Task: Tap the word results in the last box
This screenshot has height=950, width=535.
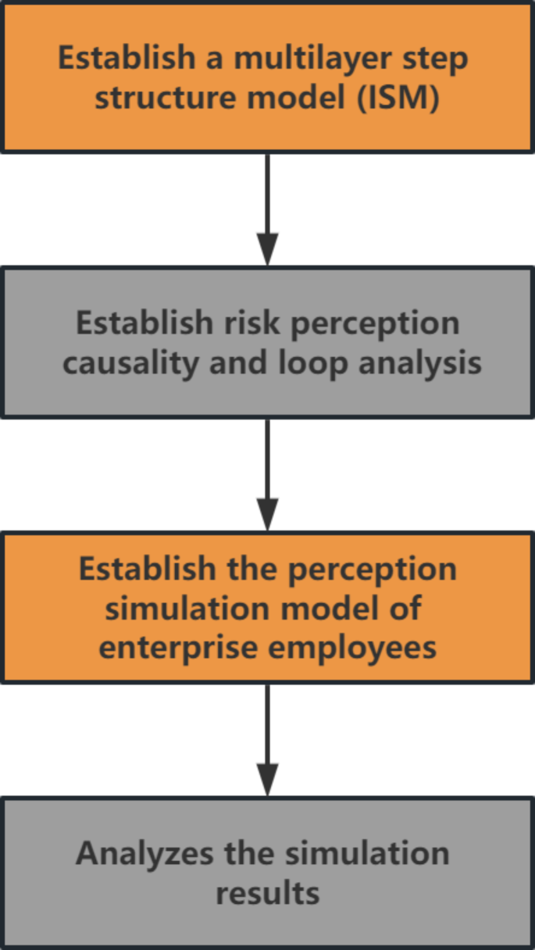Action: [x=268, y=894]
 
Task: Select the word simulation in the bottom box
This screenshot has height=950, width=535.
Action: [x=367, y=853]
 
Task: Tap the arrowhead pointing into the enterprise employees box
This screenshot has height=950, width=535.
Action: [x=268, y=515]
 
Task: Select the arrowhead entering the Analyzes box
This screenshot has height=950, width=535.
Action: [x=268, y=780]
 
